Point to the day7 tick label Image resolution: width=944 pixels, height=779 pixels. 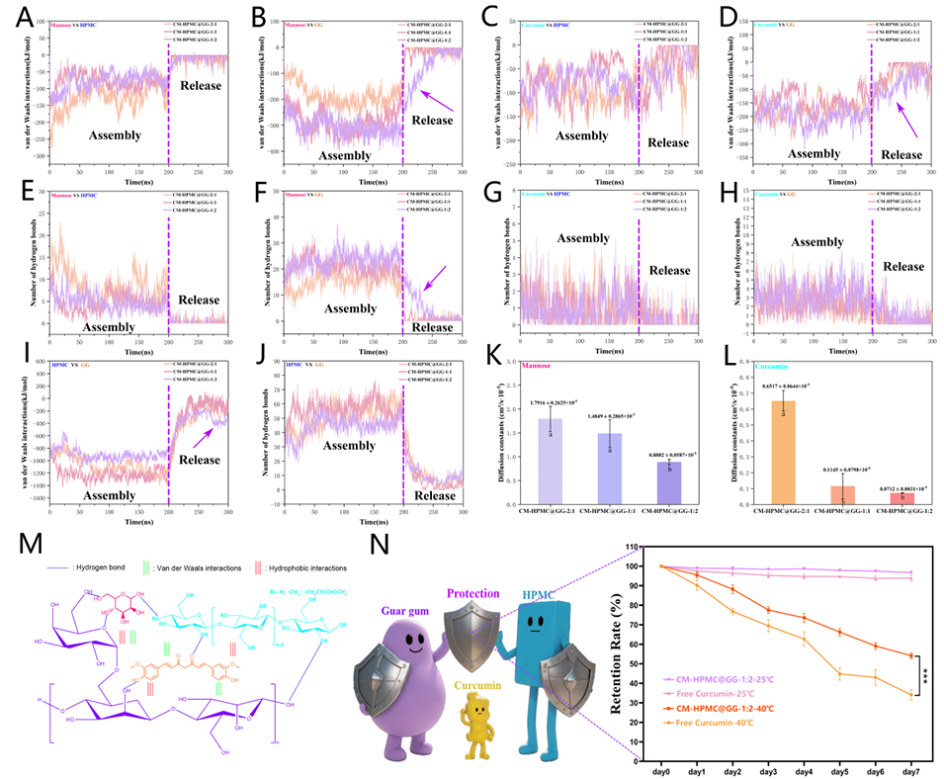pos(912,764)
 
